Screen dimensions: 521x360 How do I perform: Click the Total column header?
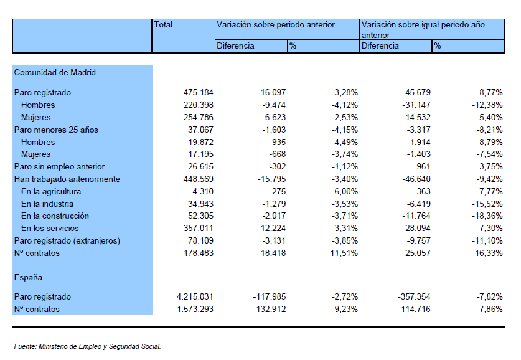(163, 24)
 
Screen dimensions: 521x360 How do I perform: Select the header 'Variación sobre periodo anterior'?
(276, 24)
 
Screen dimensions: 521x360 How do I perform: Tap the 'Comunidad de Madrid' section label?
(55, 72)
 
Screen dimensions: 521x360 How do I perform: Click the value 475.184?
(199, 92)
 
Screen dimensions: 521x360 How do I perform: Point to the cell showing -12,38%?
(487, 105)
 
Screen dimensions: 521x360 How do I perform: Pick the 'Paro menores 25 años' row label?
(56, 130)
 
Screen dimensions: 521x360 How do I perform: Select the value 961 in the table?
(423, 166)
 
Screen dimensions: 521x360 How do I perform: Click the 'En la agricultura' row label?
(51, 191)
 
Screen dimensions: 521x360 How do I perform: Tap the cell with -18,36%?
(487, 216)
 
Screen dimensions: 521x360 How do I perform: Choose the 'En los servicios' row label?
(50, 229)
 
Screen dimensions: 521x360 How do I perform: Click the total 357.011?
(199, 229)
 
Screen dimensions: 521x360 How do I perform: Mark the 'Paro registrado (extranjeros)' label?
(67, 240)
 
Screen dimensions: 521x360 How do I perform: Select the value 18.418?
(273, 253)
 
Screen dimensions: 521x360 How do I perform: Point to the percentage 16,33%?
(489, 253)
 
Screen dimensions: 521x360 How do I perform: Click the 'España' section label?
(28, 278)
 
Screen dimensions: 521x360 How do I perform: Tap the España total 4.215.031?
(195, 296)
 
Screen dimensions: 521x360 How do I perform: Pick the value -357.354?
(414, 296)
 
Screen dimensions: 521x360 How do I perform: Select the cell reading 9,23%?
(346, 309)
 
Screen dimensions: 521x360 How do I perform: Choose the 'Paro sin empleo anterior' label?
(59, 166)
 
